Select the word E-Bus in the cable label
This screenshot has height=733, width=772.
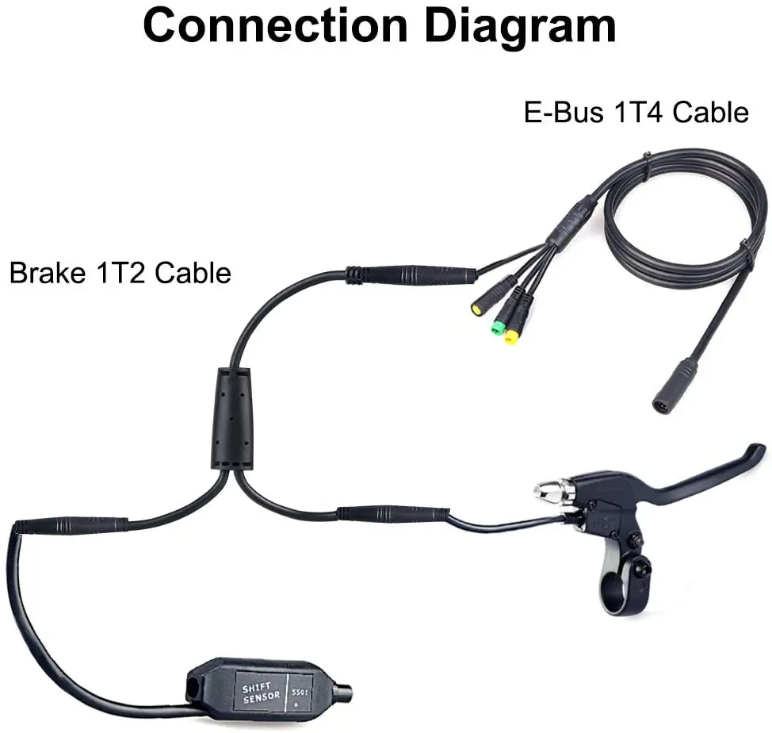(564, 113)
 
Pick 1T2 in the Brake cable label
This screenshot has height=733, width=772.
(118, 273)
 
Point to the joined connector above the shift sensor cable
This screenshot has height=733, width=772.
(71, 525)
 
